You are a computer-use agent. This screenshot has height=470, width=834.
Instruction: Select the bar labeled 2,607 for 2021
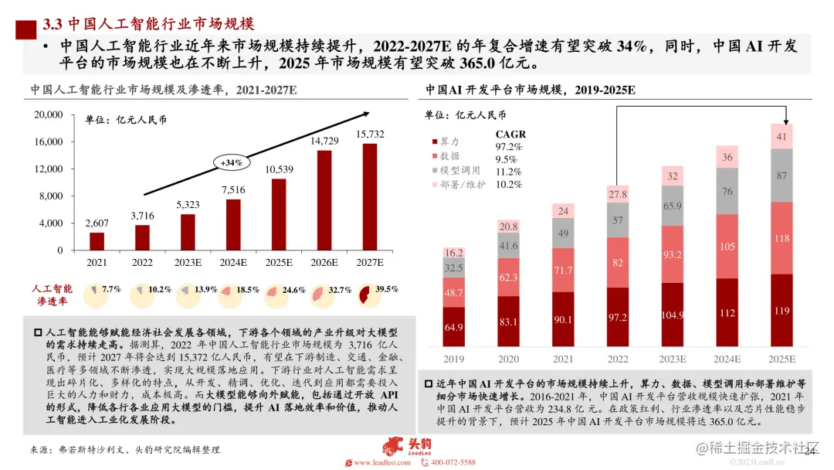pyautogui.click(x=97, y=241)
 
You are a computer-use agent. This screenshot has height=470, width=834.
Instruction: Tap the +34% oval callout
pyautogui.click(x=232, y=163)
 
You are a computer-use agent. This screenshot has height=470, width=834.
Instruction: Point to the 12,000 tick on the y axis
pyautogui.click(x=49, y=169)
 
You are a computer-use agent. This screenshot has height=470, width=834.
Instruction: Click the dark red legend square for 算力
pyautogui.click(x=434, y=141)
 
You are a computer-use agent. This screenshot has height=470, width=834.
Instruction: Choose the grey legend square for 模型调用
pyautogui.click(x=434, y=170)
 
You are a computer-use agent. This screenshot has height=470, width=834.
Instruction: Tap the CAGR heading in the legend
pyautogui.click(x=510, y=134)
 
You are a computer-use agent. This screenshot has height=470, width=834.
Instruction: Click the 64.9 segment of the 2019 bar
pyautogui.click(x=453, y=328)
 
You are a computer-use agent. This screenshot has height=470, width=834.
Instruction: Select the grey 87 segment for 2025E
pyautogui.click(x=781, y=175)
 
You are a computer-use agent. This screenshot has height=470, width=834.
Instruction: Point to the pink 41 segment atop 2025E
pyautogui.click(x=781, y=136)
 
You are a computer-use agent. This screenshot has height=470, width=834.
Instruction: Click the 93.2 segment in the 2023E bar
pyautogui.click(x=672, y=254)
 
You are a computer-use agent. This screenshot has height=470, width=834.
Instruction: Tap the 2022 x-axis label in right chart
pyautogui.click(x=617, y=359)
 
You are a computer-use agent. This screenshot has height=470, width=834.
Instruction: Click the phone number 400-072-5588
pyautogui.click(x=453, y=462)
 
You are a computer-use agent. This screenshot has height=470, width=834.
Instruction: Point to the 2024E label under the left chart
pyautogui.click(x=235, y=263)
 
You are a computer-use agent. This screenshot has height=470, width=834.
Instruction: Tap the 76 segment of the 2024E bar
pyautogui.click(x=727, y=191)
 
